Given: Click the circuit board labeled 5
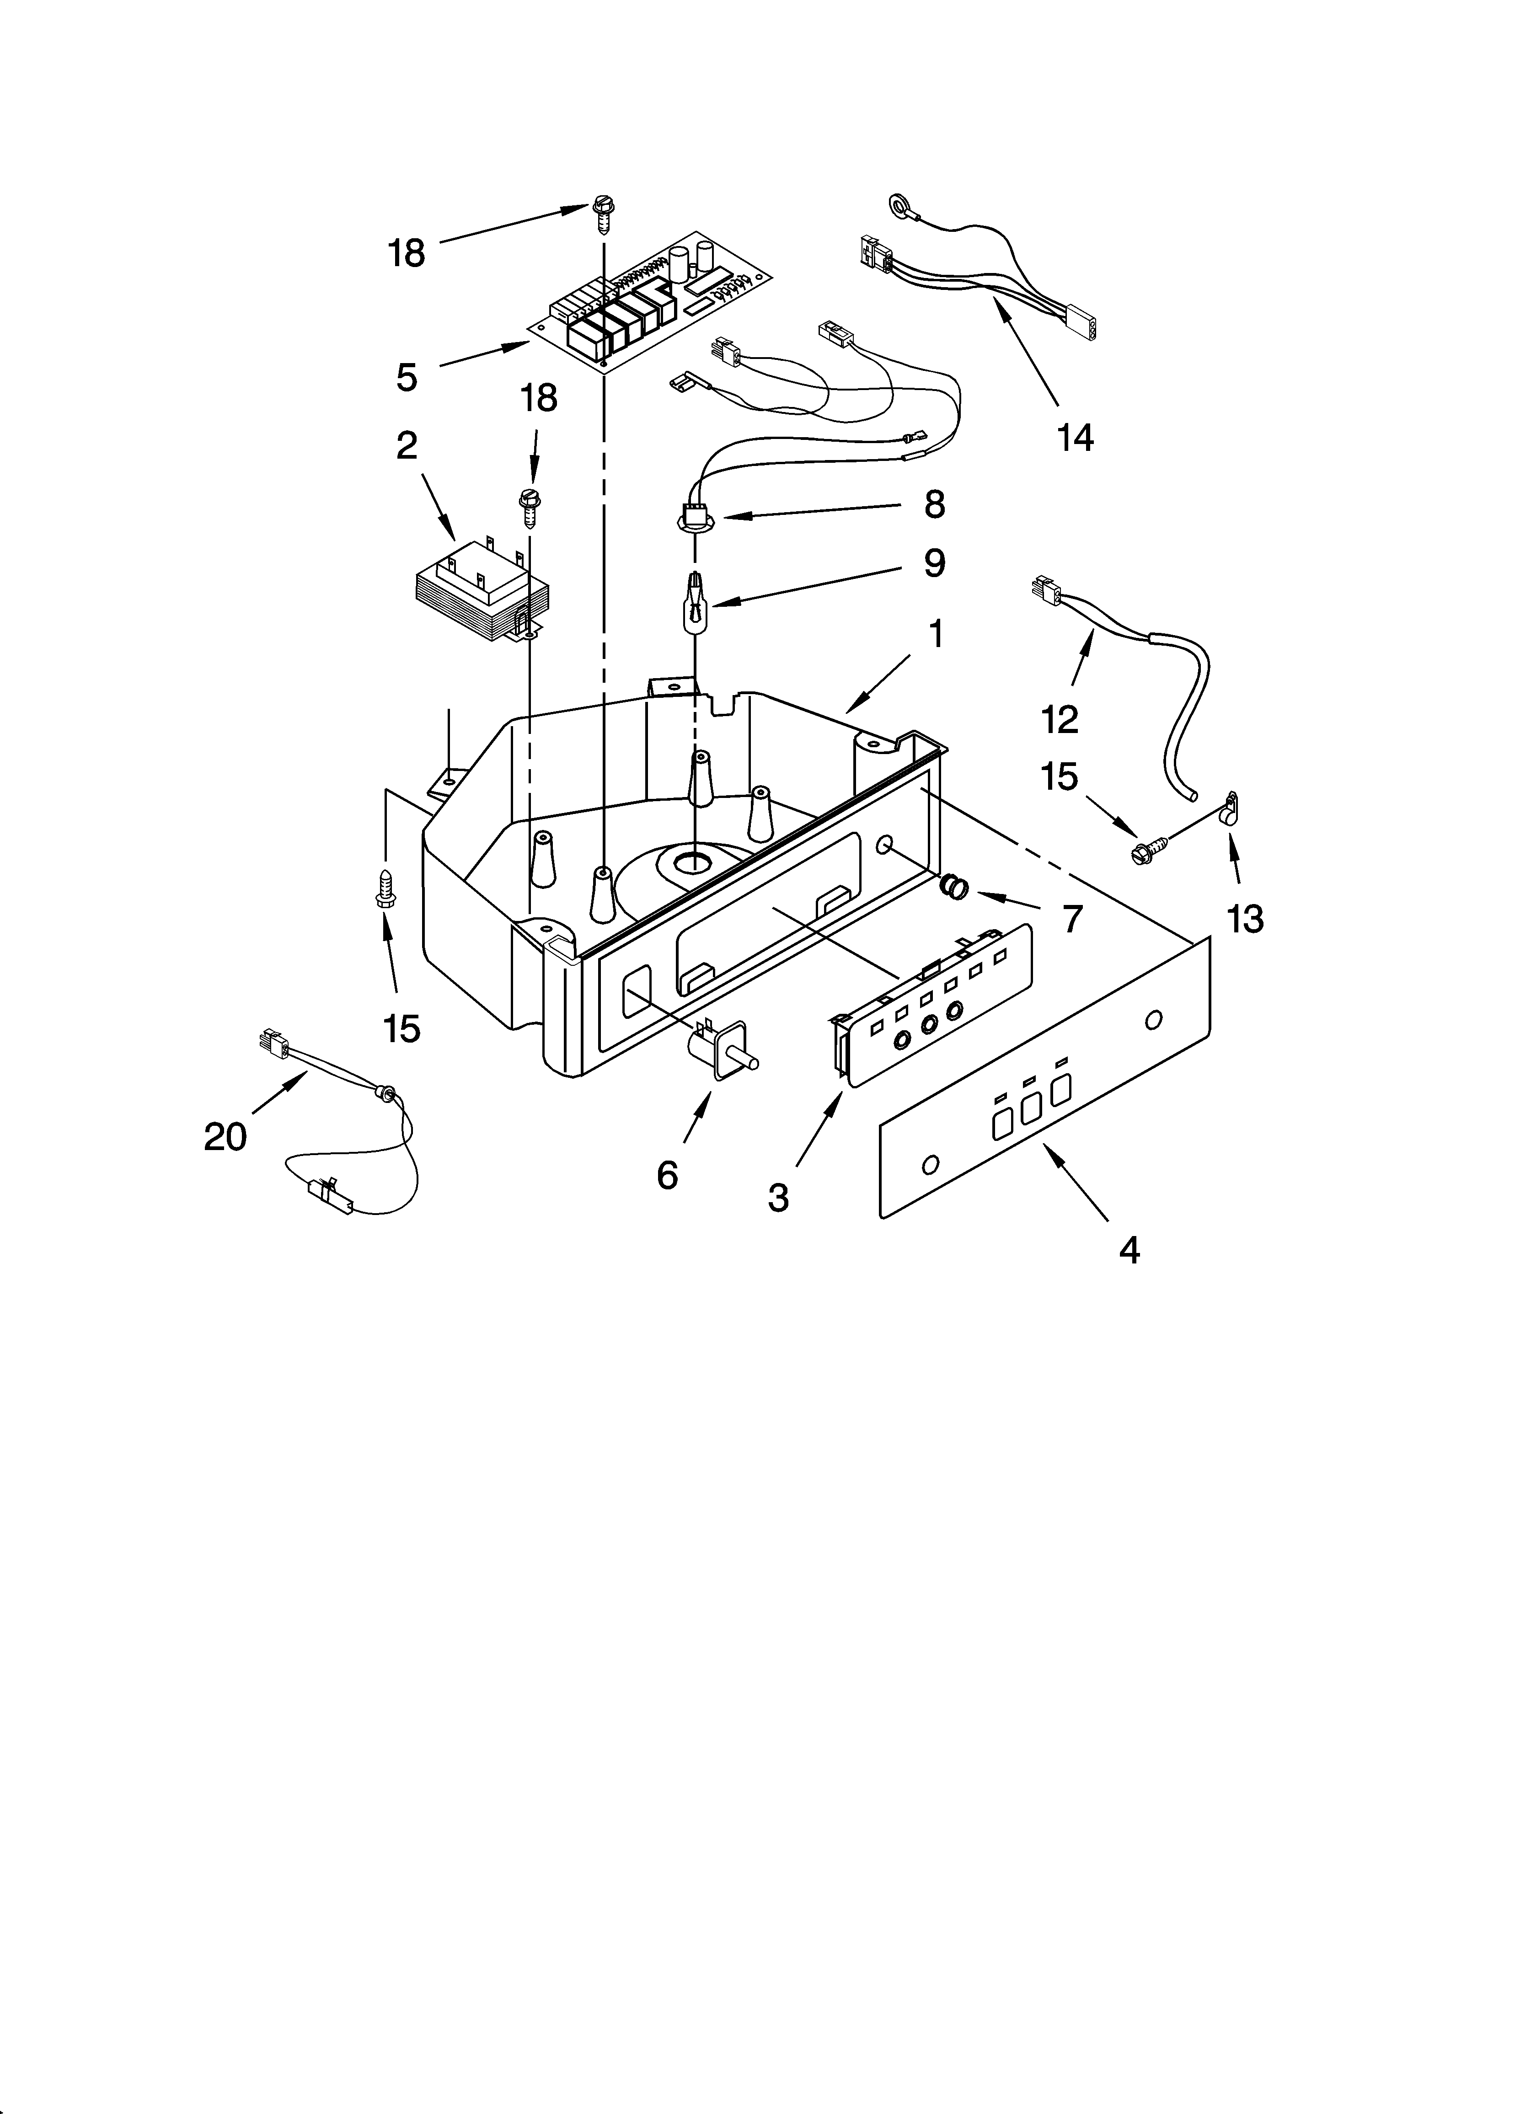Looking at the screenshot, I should click(653, 298).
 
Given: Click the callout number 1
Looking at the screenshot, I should click(936, 635).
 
